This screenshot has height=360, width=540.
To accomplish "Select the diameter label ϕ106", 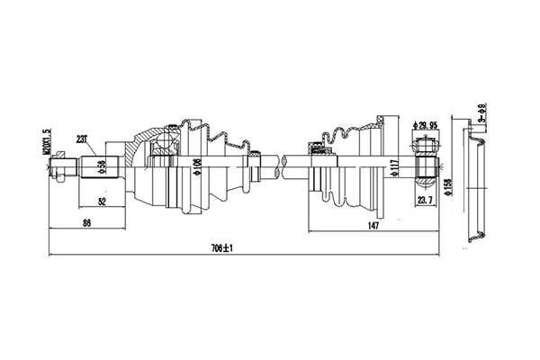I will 198,166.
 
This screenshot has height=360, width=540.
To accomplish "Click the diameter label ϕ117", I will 395,167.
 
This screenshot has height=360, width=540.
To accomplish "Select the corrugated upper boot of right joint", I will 346,133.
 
